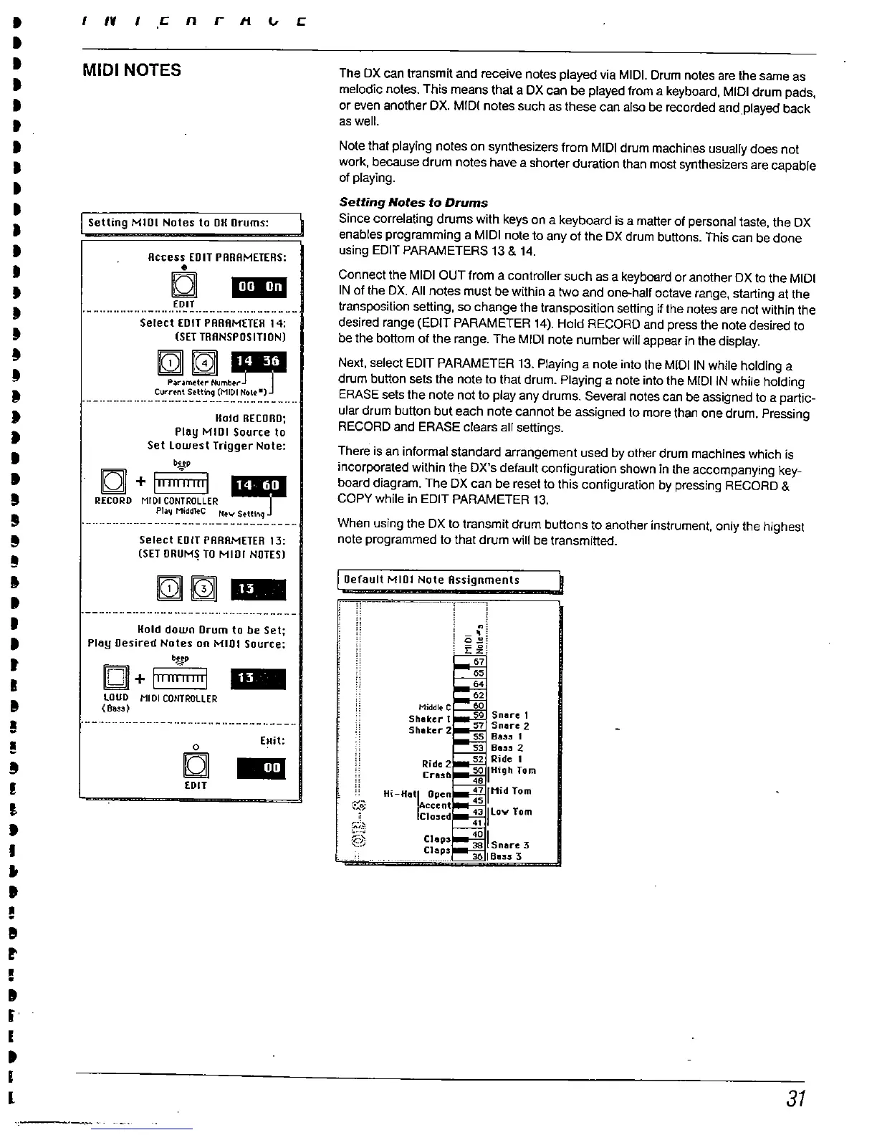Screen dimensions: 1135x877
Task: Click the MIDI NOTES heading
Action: pos(132,70)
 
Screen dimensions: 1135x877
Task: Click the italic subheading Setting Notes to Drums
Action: pos(413,203)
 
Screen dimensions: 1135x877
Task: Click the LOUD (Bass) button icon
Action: pos(115,677)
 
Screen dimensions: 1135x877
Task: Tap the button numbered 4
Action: pos(204,364)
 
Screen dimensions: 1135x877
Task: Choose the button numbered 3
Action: pos(204,589)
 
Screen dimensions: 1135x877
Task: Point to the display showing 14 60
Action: pos(259,486)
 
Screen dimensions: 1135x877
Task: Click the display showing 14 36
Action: pos(259,363)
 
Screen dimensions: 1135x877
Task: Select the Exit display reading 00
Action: pos(262,768)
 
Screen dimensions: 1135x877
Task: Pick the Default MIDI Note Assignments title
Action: pos(431,580)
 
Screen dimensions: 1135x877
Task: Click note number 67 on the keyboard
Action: pos(479,662)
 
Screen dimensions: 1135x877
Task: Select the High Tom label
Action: pos(514,770)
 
